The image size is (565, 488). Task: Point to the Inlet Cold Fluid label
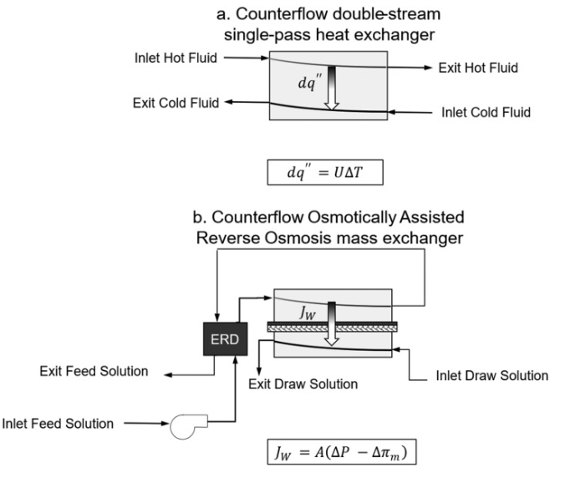pyautogui.click(x=486, y=112)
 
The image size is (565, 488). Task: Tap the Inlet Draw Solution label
pyautogui.click(x=492, y=375)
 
